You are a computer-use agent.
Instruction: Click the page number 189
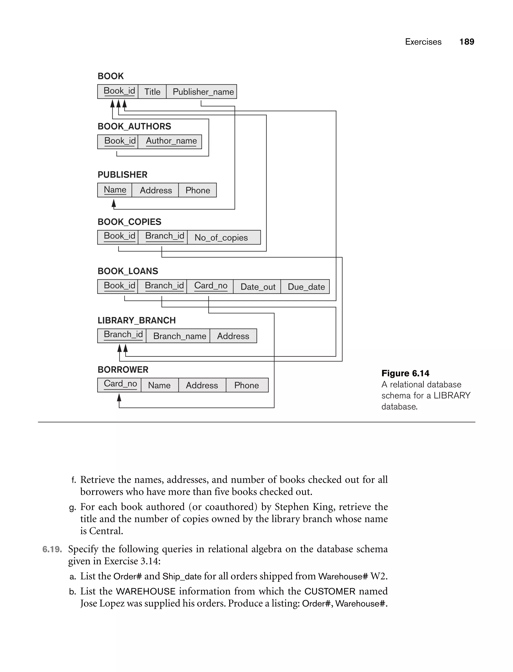tap(467, 42)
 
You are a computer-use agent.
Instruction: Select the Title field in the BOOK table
tap(152, 92)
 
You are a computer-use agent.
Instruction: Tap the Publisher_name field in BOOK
tap(203, 92)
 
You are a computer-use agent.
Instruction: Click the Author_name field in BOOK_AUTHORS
tap(171, 141)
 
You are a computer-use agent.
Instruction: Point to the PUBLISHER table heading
tap(122, 175)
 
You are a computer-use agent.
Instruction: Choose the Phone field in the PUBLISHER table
tap(198, 190)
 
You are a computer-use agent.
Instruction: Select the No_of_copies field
tap(221, 237)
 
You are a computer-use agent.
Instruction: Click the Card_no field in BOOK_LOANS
tap(211, 286)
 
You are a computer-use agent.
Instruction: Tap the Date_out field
tap(258, 287)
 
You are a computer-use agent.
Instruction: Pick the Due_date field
tap(306, 287)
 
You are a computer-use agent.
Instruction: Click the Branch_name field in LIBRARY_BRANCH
tap(180, 336)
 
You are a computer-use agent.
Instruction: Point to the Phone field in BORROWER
tap(246, 385)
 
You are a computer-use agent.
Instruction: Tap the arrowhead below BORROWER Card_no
tap(119, 397)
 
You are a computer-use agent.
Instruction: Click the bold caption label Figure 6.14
tap(405, 373)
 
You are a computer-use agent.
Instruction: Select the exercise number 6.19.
tap(52, 549)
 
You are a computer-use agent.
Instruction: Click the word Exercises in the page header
tap(423, 42)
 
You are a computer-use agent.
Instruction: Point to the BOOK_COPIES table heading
tap(130, 222)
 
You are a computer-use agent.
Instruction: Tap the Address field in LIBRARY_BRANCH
tap(233, 336)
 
